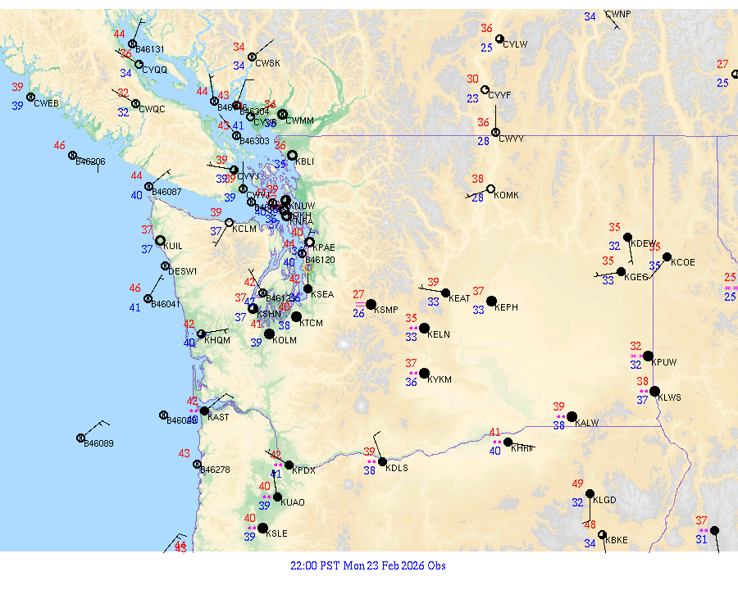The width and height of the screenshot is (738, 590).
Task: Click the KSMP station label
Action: (385, 310)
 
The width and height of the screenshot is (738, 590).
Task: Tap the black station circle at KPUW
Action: (648, 356)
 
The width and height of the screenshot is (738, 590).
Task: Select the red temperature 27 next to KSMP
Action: (358, 294)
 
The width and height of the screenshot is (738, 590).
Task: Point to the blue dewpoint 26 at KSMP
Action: (358, 313)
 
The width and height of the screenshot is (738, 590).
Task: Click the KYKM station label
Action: (440, 380)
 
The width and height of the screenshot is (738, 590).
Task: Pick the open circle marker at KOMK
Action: (490, 189)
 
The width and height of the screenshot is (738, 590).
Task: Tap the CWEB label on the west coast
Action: (47, 103)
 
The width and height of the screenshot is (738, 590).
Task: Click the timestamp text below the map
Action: (368, 565)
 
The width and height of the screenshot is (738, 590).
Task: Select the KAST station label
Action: (218, 417)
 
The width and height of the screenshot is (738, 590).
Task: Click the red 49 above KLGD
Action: (578, 483)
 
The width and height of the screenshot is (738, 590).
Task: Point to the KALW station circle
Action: (572, 416)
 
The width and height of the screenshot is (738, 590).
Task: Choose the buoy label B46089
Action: (98, 443)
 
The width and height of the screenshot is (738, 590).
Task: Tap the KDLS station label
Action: (397, 468)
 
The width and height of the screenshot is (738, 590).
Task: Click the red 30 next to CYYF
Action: (473, 79)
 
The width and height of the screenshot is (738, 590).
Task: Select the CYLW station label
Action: (515, 44)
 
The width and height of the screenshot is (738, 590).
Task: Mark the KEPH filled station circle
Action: (491, 302)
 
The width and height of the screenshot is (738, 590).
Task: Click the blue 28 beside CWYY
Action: (484, 141)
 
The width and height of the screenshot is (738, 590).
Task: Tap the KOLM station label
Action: (285, 339)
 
